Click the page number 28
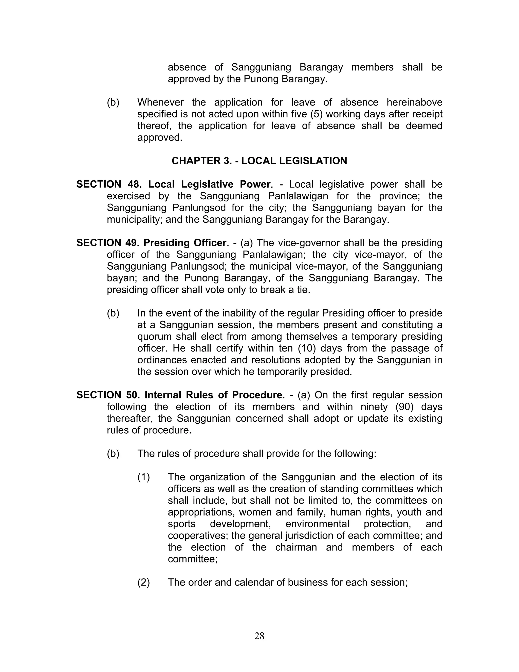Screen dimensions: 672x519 tap(259, 636)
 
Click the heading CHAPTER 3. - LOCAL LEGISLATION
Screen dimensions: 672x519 tap(259, 161)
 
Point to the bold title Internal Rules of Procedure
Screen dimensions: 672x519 tap(213, 395)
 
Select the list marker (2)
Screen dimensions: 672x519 tap(144, 582)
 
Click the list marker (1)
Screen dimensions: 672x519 tap(144, 477)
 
